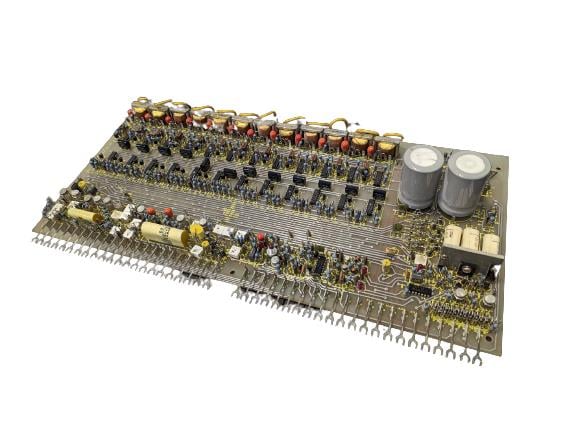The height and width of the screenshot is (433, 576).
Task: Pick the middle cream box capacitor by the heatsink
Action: click(x=471, y=238)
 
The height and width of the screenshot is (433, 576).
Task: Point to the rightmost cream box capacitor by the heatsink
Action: click(x=490, y=242)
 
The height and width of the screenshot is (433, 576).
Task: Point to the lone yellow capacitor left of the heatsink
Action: click(x=385, y=264)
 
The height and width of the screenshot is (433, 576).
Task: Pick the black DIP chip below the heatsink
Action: click(x=420, y=288)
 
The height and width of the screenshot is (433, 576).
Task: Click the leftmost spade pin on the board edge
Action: click(x=37, y=238)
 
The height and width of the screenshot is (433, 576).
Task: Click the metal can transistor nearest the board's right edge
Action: click(x=490, y=299)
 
